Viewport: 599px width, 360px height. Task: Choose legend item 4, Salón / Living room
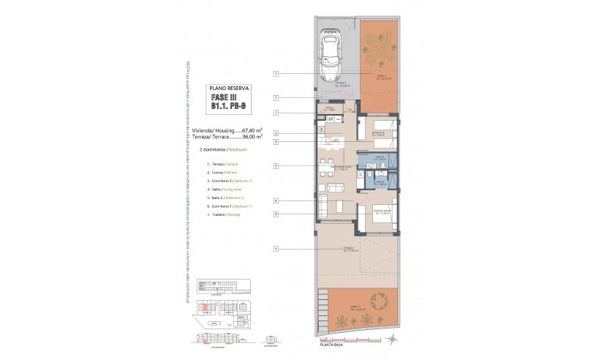point(222,189)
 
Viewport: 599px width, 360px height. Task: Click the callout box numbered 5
point(276,166)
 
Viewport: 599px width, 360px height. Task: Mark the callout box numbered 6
point(276,214)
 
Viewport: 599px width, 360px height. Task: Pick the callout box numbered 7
point(276,113)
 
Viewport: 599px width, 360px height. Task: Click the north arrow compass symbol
point(393,338)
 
